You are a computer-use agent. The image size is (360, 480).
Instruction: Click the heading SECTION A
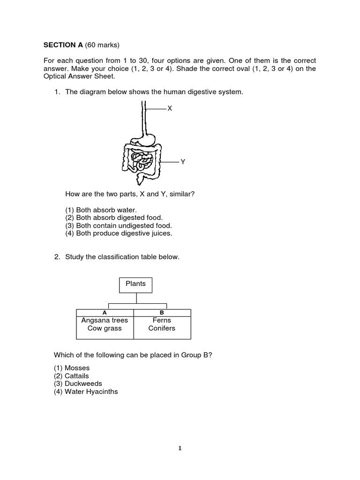[x=63, y=45]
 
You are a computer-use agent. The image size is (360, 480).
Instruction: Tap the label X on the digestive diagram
[x=170, y=108]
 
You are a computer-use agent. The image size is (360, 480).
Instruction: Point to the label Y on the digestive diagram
[x=183, y=161]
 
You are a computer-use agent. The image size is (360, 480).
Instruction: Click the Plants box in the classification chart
[x=136, y=284]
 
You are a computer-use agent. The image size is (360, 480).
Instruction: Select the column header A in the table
[x=105, y=312]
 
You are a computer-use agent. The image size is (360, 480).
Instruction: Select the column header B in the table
[x=162, y=312]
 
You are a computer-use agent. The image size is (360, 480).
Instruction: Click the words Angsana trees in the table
[x=105, y=321]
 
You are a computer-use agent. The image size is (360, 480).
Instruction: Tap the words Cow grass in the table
[x=105, y=328]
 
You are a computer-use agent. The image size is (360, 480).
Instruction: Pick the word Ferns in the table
[x=162, y=321]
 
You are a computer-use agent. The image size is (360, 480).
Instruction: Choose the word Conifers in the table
[x=162, y=328]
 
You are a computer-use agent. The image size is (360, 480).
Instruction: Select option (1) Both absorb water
[x=101, y=210]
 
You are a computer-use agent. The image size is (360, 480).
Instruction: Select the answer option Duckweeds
[x=76, y=383]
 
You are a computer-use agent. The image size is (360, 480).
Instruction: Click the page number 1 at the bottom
[x=180, y=448]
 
